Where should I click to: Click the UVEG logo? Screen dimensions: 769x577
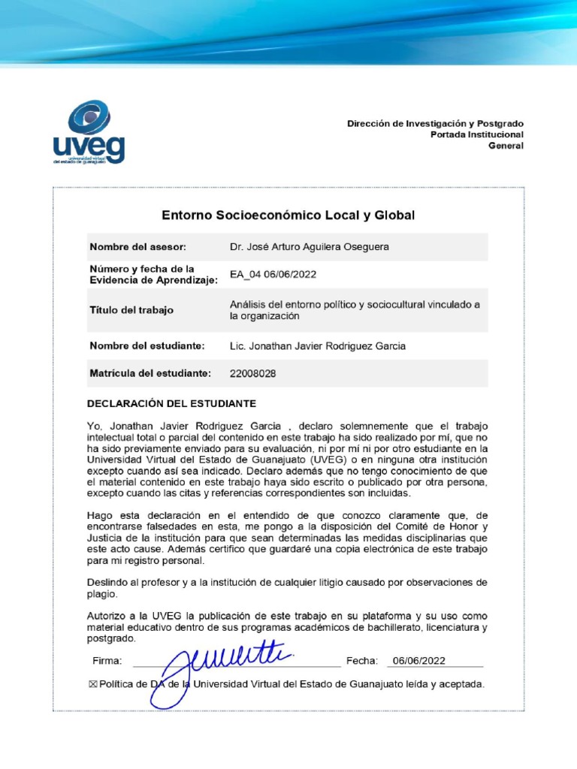tap(89, 133)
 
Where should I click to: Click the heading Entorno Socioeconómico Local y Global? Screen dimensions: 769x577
tap(288, 216)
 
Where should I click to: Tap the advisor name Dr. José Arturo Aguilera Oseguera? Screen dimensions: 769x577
tap(310, 247)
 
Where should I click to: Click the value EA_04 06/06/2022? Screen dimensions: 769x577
tap(273, 275)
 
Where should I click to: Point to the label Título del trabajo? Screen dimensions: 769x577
tap(131, 310)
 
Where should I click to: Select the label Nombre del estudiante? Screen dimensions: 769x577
tap(147, 346)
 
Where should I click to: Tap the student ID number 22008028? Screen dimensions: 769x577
tap(252, 373)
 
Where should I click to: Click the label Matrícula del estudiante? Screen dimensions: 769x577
tap(150, 373)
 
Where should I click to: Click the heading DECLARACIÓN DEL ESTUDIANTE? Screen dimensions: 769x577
tap(172, 403)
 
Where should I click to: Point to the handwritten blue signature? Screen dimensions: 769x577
tap(218, 665)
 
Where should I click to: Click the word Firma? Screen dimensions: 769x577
tap(107, 661)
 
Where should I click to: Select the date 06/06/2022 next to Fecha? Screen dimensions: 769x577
tap(418, 661)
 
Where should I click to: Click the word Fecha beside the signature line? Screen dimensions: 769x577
tap(361, 661)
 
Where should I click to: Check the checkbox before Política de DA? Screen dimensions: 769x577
tap(93, 684)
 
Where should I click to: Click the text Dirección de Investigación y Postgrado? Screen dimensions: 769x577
tap(435, 123)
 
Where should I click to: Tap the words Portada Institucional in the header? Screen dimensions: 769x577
tap(476, 134)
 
